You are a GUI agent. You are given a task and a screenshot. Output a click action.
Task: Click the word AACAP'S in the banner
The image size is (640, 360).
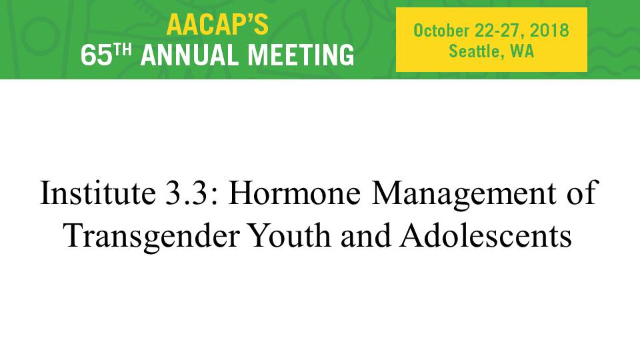217,25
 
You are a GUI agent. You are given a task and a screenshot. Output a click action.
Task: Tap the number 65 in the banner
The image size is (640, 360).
96,55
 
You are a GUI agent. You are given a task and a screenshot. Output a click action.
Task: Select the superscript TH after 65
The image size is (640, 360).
122,50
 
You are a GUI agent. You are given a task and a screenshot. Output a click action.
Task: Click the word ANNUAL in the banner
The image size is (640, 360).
190,55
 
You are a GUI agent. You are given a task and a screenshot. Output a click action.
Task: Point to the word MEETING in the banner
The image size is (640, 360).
301,55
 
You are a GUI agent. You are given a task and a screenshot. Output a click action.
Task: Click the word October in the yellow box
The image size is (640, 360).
441,31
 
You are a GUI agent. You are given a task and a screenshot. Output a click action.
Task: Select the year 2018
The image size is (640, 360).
549,31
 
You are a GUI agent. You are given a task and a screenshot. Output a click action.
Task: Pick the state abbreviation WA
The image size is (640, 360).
522,51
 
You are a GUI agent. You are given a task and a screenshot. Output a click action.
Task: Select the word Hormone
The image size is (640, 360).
294,193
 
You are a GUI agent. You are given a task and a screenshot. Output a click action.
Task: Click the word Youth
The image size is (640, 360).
290,235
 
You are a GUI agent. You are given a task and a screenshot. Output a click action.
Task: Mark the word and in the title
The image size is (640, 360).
365,235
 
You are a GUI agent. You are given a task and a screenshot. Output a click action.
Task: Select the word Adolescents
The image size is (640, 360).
486,235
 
